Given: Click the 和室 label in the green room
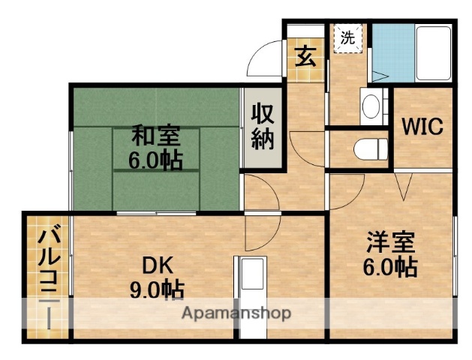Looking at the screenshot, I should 156,137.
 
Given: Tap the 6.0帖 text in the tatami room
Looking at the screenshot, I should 156,160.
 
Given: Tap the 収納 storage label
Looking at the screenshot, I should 262,127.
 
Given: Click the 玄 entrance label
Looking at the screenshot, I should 304,56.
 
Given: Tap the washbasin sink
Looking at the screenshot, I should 371,107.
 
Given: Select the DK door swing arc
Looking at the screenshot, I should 263,229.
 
